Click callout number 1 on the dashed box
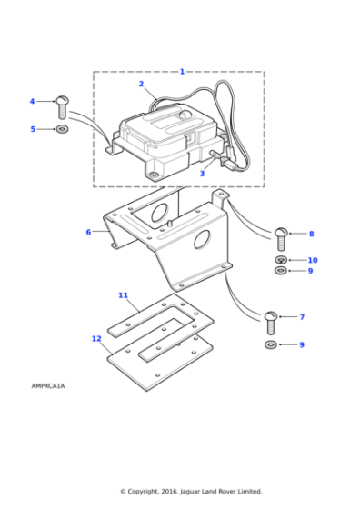(x=182, y=72)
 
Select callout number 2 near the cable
(x=141, y=84)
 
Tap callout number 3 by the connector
(x=202, y=174)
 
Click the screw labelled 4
(x=63, y=107)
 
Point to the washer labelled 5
(x=62, y=129)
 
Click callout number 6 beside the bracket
(x=88, y=232)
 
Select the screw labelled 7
(x=271, y=323)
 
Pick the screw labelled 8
(x=281, y=239)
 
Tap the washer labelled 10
(x=281, y=260)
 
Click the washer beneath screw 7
(x=271, y=344)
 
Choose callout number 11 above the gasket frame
(x=123, y=295)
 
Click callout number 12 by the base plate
(x=96, y=338)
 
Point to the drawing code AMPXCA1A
(x=48, y=386)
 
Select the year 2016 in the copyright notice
(x=169, y=492)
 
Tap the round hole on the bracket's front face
(x=202, y=240)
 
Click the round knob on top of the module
(x=185, y=115)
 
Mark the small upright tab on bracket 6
(x=220, y=197)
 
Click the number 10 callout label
(x=313, y=260)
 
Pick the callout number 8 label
(x=311, y=234)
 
